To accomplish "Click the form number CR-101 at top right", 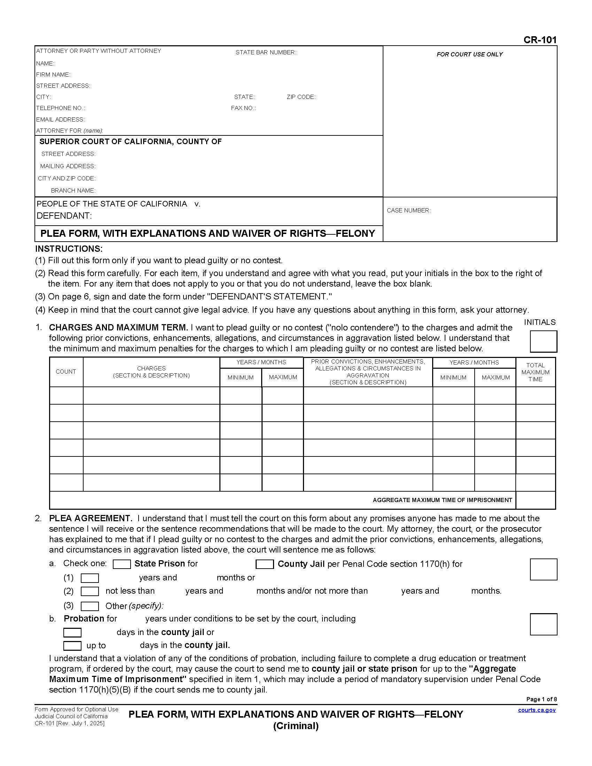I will [x=540, y=40].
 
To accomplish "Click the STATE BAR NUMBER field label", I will [x=265, y=52].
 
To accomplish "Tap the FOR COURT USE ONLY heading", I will [x=469, y=54].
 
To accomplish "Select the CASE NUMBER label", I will [x=408, y=210].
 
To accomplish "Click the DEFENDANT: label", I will [x=64, y=216].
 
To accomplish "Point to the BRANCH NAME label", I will [x=73, y=190].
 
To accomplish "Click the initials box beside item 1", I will [x=543, y=341].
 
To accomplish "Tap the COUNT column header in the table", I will [x=65, y=372].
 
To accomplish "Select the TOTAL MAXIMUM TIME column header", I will [x=535, y=372].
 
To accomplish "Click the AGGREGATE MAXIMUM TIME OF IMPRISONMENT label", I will [x=442, y=500].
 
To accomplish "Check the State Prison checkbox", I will [x=122, y=564].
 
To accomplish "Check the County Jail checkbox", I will [x=264, y=564].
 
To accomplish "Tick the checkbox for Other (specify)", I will [x=89, y=606].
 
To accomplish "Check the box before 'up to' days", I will [x=72, y=645].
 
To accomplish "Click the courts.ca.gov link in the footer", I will [x=537, y=710].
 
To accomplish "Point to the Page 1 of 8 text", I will [x=541, y=699].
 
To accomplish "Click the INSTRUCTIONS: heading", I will [x=69, y=249].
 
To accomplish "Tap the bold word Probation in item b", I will [x=84, y=618].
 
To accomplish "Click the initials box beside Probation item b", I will [x=543, y=624].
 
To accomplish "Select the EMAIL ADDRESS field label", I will [x=60, y=119].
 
